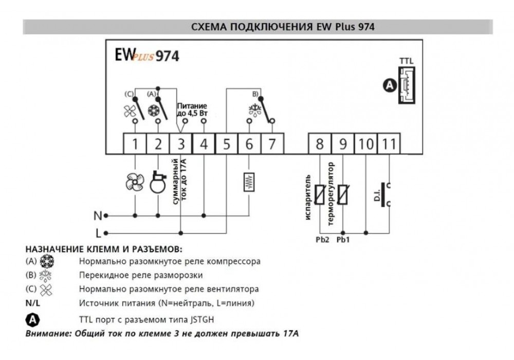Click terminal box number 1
click(135, 143)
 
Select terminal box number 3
click(180, 143)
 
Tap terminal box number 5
click(226, 143)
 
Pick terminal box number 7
click(272, 143)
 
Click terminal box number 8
click(320, 143)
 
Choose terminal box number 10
click(366, 143)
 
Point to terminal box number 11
click(389, 143)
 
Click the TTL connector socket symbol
click(407, 85)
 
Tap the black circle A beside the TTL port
click(390, 85)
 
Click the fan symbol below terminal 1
click(135, 182)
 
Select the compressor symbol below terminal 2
click(158, 182)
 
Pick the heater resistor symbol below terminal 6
click(249, 182)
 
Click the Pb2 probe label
click(322, 240)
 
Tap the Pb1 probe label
click(343, 240)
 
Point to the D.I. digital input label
click(377, 196)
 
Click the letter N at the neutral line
click(98, 215)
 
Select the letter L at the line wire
click(98, 233)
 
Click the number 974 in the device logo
click(167, 56)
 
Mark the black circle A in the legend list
click(32, 320)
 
